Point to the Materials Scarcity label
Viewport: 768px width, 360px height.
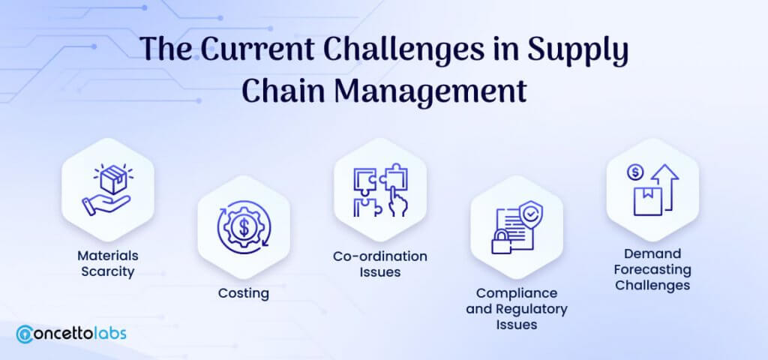108,263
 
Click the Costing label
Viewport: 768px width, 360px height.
244,293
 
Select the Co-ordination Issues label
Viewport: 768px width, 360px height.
380,264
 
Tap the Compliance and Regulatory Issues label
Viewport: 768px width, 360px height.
517,308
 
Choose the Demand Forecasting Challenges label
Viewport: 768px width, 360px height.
653,269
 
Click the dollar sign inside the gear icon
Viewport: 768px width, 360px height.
244,227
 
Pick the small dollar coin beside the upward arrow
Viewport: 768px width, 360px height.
636,172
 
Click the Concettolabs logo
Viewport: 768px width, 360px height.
71,334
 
